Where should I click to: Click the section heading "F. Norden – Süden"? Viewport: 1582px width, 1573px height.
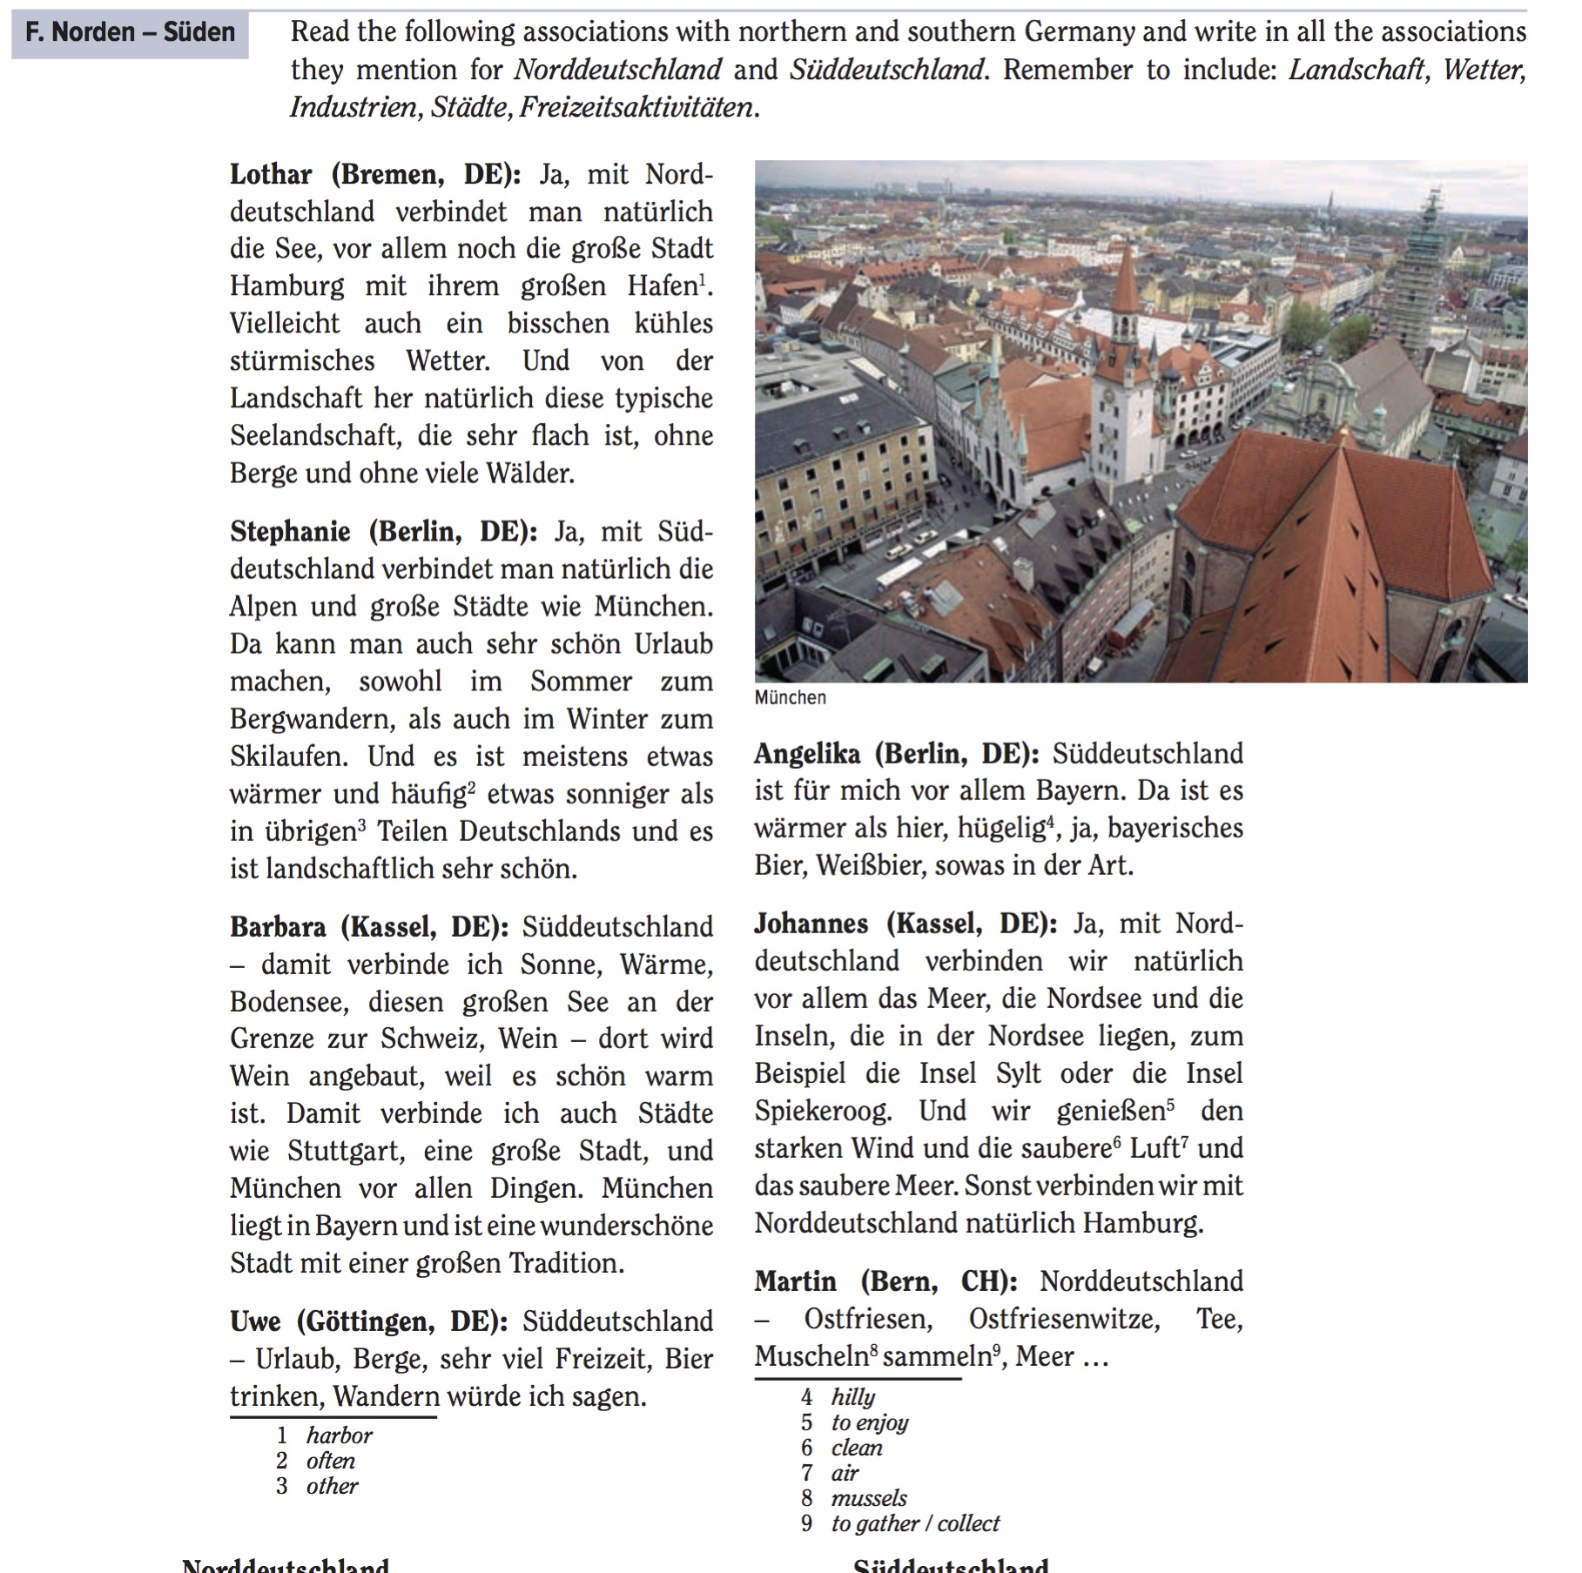click(x=130, y=33)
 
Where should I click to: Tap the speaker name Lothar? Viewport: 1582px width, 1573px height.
click(x=271, y=174)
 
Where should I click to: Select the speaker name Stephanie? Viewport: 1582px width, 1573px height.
click(x=290, y=531)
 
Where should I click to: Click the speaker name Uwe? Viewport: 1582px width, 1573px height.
click(x=256, y=1321)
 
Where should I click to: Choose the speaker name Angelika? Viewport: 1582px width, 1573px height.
click(x=807, y=753)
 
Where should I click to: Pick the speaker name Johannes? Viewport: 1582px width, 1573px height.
click(x=811, y=923)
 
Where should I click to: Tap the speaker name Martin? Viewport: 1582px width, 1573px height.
click(x=795, y=1281)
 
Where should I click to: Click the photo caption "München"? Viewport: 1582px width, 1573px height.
click(x=790, y=697)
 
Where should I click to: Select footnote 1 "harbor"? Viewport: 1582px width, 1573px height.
click(x=339, y=1435)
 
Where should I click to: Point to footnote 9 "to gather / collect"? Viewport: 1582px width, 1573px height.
click(x=914, y=1523)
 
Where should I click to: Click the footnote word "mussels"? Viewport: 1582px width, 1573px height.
click(x=868, y=1498)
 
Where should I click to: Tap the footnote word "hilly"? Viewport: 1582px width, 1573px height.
click(x=852, y=1397)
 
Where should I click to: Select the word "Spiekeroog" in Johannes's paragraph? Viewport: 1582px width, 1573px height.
click(x=823, y=1111)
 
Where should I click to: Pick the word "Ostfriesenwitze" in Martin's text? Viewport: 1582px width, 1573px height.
click(x=1064, y=1319)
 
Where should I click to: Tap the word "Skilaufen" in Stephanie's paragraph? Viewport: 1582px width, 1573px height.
click(x=288, y=756)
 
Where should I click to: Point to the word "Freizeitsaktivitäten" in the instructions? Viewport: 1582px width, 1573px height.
click(x=636, y=107)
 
